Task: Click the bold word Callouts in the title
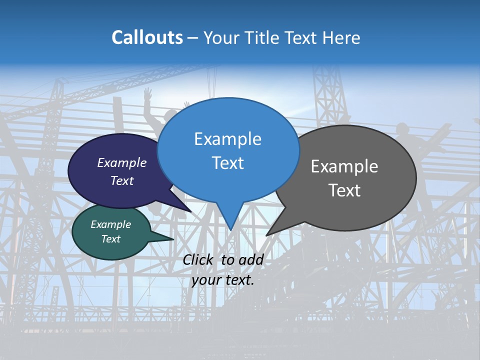coord(147,37)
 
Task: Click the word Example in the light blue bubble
coord(227,139)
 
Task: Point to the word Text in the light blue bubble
coord(227,163)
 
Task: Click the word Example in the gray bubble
coord(344,166)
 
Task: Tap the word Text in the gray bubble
coord(344,190)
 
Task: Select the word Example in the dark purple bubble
coord(122,162)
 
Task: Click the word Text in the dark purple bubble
coord(122,180)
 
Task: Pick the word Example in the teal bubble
coord(110,224)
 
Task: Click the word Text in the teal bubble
coord(110,239)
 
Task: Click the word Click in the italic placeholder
coord(199,259)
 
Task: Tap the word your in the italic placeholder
coord(206,280)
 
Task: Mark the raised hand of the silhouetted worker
coord(147,93)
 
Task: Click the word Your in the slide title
coord(220,37)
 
